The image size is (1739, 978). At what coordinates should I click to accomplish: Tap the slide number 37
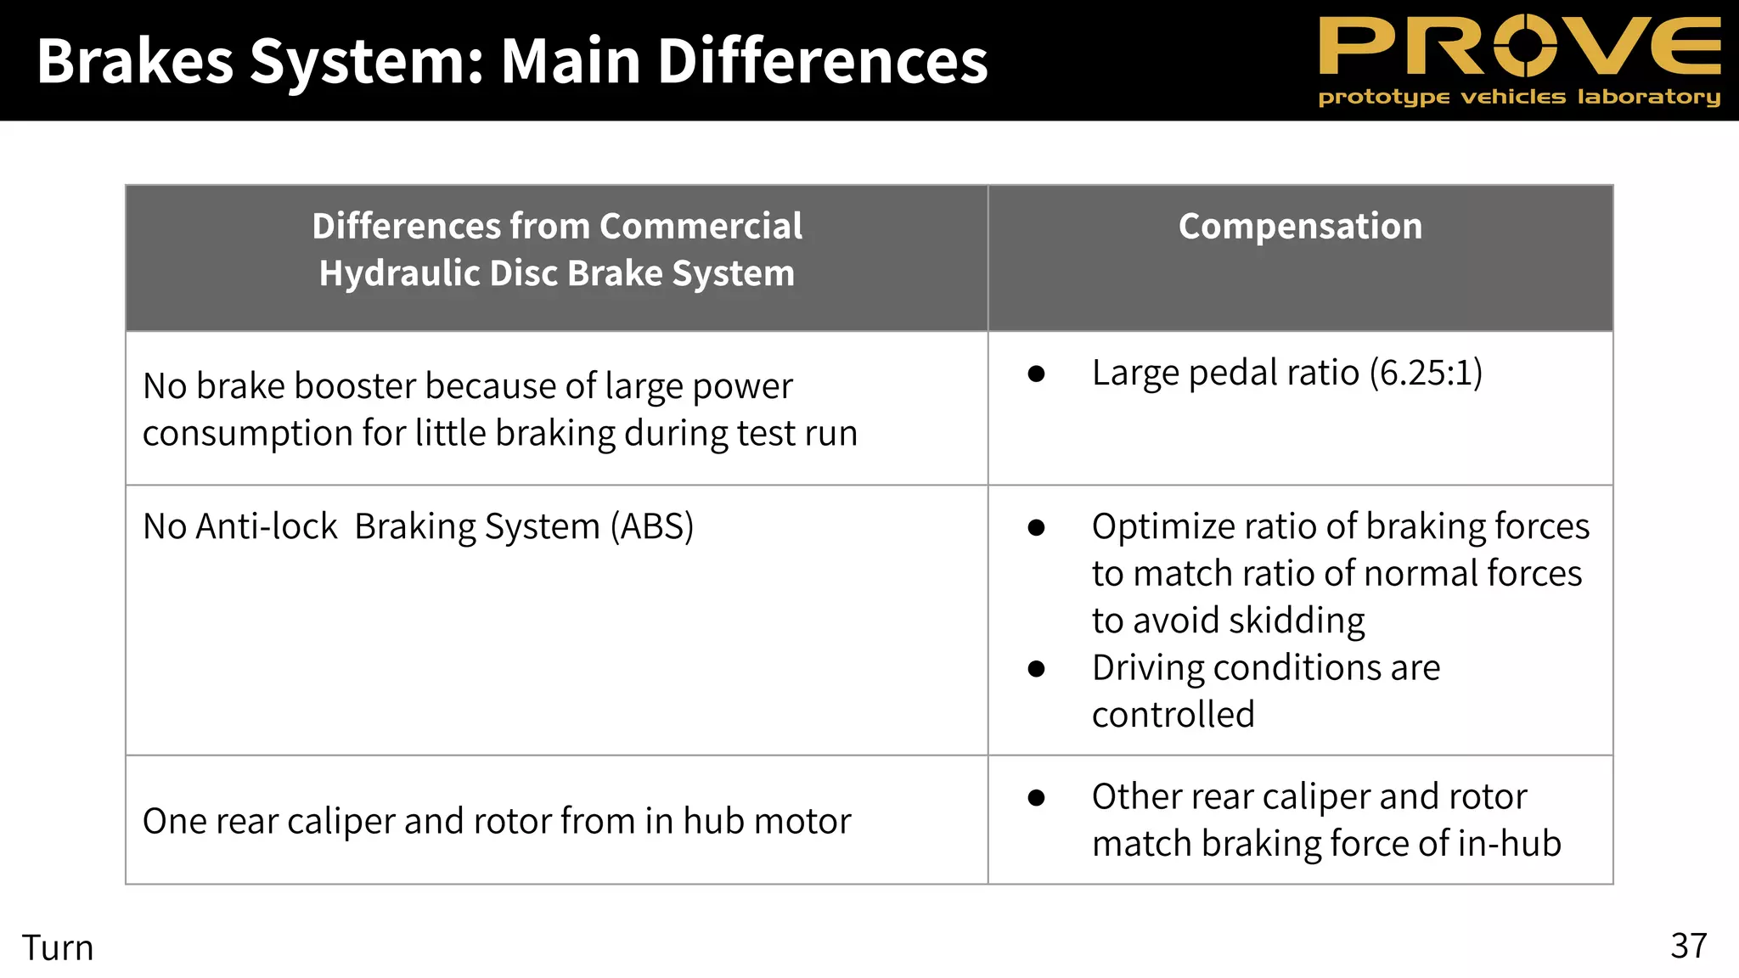coord(1688,946)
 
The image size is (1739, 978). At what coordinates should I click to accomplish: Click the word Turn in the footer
coord(58,947)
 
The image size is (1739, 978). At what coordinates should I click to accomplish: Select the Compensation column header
coord(1300,227)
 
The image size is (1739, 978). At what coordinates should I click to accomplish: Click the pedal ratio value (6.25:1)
coord(1426,374)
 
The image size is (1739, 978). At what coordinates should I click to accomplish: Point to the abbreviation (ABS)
coord(652,526)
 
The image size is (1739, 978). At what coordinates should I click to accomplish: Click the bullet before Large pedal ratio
coord(1036,374)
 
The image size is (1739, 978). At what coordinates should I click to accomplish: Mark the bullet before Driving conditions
coord(1036,669)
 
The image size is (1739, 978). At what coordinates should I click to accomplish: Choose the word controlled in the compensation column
coord(1173,715)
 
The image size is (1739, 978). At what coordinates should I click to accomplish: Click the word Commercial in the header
coord(701,227)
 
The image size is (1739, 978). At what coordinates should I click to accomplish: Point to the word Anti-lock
coord(267,526)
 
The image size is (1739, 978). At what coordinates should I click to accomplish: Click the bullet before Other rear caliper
coord(1036,797)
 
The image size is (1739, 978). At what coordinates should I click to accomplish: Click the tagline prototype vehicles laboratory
coord(1519,97)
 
